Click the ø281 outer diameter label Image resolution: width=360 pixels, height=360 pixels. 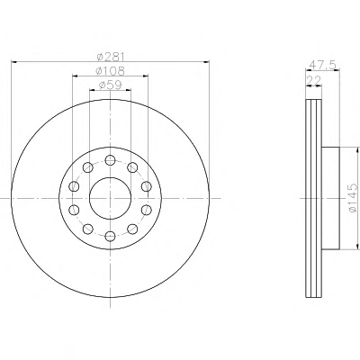(111, 57)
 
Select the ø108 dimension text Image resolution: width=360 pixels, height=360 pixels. (110, 71)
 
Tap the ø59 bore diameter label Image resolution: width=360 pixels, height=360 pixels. (110, 85)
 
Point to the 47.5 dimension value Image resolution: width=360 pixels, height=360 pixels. (323, 65)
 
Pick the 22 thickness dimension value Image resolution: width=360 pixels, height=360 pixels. (313, 80)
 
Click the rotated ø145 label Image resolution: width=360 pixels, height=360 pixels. (354, 198)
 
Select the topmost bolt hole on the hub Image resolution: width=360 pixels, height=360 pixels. (111, 160)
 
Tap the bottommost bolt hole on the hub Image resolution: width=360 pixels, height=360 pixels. (111, 236)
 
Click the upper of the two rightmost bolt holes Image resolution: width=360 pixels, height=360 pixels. (147, 186)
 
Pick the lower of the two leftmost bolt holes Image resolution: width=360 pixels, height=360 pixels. (74, 210)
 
